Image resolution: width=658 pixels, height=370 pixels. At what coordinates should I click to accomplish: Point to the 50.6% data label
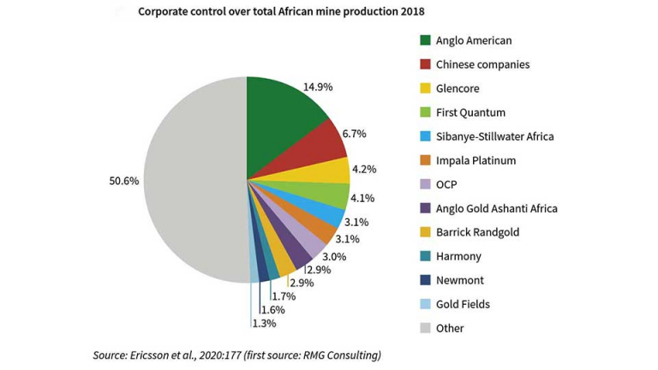(124, 181)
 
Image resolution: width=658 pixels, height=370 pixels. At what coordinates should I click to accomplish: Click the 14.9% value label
(318, 87)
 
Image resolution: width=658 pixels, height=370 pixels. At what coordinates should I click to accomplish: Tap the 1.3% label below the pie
(264, 324)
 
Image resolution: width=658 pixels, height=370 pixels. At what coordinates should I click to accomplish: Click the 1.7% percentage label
(284, 296)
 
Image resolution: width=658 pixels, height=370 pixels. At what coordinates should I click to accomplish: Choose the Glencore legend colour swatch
(425, 88)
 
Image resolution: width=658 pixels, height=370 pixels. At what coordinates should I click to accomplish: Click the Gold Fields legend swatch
(425, 304)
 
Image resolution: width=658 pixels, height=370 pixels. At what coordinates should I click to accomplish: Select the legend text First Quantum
(470, 112)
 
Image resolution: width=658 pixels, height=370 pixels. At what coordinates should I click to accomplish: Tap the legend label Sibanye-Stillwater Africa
(495, 136)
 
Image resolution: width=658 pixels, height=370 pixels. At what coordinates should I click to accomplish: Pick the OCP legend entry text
(447, 184)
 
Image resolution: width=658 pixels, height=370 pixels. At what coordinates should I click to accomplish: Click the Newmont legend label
(460, 280)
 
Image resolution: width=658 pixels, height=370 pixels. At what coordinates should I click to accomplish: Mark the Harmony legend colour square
(425, 256)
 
